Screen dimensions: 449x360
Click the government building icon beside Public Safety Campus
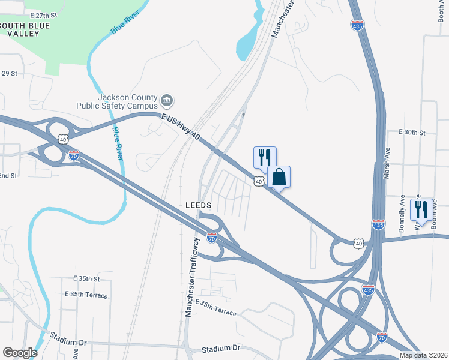[x=167, y=100]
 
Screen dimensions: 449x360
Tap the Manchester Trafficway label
[x=192, y=277]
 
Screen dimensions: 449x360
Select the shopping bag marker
[x=279, y=177]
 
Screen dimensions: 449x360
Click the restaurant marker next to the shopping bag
[x=265, y=157]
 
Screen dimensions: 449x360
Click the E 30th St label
[x=412, y=132]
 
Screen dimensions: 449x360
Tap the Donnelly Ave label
[x=402, y=213]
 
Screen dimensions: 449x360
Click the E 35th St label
[x=86, y=279]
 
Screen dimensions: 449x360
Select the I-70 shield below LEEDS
[x=211, y=238]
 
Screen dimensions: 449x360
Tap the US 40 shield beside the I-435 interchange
[x=358, y=243]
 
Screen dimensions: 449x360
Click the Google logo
[x=20, y=353]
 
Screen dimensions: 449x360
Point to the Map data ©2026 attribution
[x=424, y=355]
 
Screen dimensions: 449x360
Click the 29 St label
[x=10, y=73]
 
